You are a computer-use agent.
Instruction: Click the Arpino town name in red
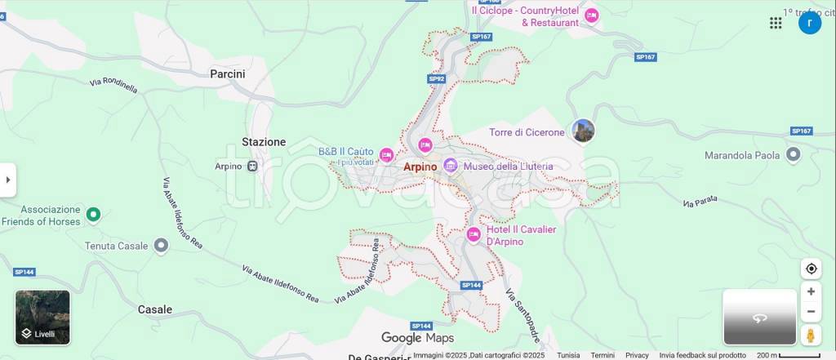[x=421, y=167]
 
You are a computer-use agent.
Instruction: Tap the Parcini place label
[x=227, y=73]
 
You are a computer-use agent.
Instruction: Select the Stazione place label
[x=264, y=142]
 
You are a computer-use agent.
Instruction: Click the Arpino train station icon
[x=252, y=167]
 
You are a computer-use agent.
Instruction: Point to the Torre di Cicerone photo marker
[x=583, y=131]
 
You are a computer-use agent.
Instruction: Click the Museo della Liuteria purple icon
[x=451, y=167]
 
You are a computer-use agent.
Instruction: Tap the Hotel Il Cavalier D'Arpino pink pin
[x=474, y=235]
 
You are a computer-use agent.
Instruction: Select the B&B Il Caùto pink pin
[x=386, y=155]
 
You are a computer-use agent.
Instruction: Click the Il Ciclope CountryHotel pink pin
[x=592, y=16]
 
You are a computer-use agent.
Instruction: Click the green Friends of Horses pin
[x=93, y=215]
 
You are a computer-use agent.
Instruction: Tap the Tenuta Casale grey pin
[x=161, y=245]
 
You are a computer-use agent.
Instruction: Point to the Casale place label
[x=155, y=309]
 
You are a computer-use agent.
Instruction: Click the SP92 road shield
[x=437, y=79]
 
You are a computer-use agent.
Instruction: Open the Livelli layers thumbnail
[x=42, y=318]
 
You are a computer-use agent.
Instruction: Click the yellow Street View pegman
[x=811, y=335]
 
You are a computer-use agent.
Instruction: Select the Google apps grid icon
[x=776, y=23]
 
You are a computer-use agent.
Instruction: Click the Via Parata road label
[x=700, y=201]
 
